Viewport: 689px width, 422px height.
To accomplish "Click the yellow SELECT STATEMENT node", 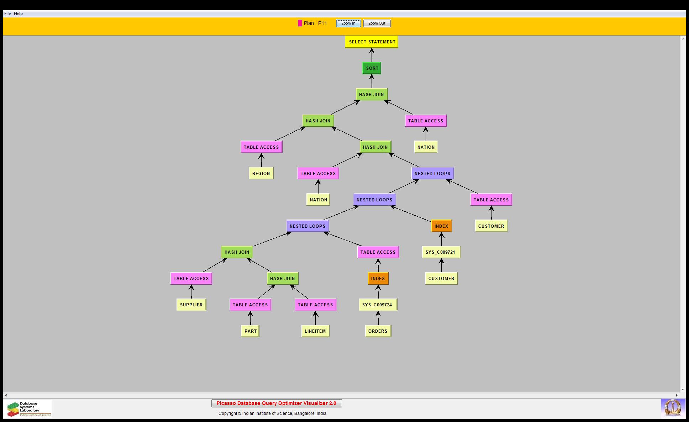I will [372, 42].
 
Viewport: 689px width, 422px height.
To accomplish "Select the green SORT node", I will [372, 68].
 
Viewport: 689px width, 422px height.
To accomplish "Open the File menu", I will [7, 14].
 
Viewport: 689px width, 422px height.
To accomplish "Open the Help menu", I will [19, 14].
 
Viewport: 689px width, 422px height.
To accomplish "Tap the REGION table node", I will [261, 173].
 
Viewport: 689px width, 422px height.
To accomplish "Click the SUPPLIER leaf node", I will [191, 305].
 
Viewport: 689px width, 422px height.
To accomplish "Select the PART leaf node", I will [250, 331].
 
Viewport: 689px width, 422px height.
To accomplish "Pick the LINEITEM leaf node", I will [315, 331].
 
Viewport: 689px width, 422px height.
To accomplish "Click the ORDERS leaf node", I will [378, 331].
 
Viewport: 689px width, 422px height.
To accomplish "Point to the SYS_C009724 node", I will [377, 305].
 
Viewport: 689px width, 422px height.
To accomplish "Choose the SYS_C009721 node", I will [441, 252].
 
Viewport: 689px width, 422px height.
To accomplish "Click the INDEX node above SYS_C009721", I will [441, 226].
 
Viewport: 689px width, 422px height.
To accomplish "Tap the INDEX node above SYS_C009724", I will [378, 278].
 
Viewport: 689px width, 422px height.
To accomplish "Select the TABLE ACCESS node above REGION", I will [261, 147].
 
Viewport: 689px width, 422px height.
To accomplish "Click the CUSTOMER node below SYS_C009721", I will [441, 278].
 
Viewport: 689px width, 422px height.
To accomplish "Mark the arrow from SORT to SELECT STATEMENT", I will [372, 55].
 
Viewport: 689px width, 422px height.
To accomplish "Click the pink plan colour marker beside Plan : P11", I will [300, 23].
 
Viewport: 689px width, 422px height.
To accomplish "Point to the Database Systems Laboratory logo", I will [28, 409].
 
